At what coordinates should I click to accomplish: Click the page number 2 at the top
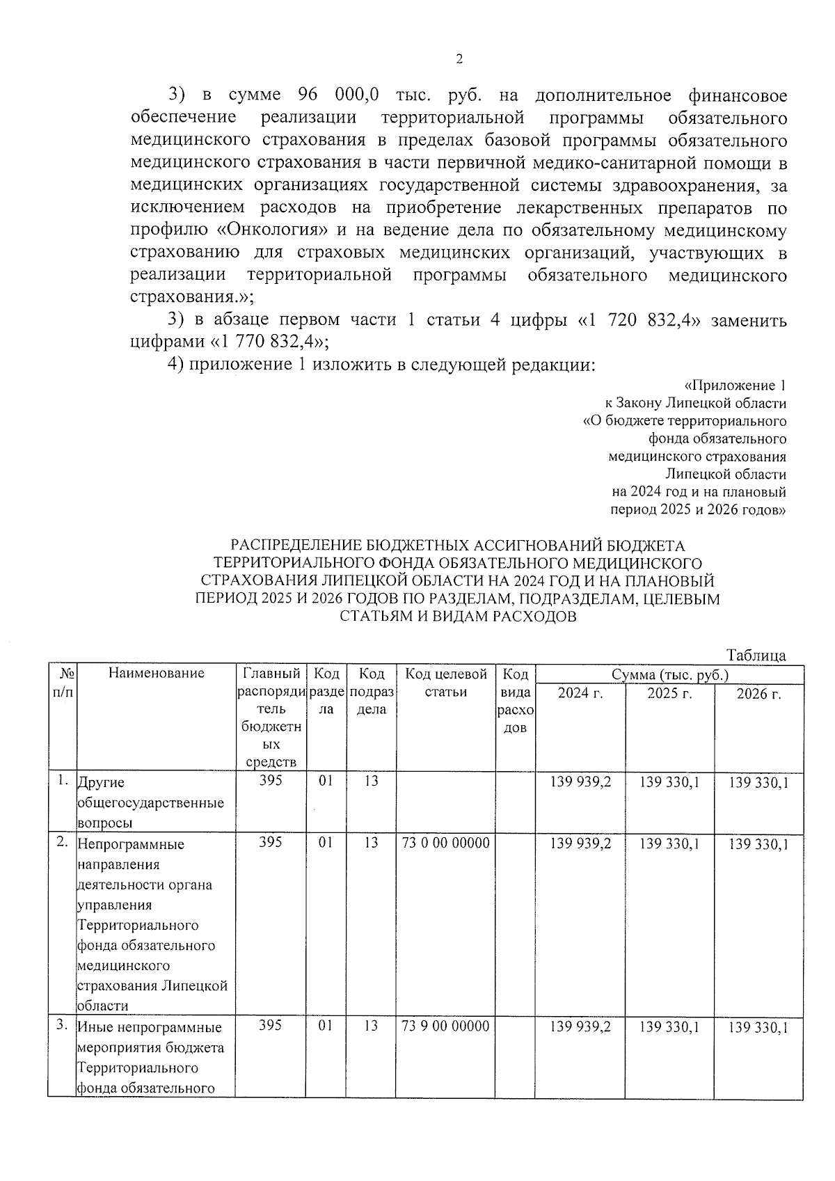pos(459,59)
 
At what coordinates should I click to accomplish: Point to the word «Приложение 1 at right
pos(735,386)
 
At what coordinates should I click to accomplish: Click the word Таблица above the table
pos(756,655)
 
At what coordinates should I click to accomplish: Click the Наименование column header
pos(156,673)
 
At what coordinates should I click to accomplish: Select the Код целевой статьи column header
pos(445,683)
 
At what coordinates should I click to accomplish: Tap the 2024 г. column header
pos(580,694)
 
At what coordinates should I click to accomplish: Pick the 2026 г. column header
pos(758,694)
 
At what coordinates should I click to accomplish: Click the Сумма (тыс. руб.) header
pos(669,675)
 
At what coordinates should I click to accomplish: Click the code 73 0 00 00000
pos(445,843)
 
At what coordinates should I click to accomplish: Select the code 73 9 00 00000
pos(445,1026)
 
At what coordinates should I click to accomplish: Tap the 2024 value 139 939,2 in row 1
pos(580,782)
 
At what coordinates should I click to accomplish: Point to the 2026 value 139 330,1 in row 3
pos(758,1027)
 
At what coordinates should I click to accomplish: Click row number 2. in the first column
pos(62,842)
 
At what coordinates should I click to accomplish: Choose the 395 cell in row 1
pos(270,781)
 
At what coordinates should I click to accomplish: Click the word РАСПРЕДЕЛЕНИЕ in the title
pos(296,545)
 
